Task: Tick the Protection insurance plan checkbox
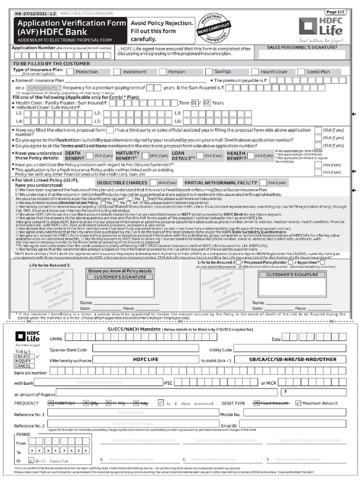(70, 72)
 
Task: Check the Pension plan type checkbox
(162, 72)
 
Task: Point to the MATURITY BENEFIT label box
(127, 156)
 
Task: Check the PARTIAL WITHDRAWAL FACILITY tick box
(276, 182)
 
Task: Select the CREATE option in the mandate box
(23, 357)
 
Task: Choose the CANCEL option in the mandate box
(23, 366)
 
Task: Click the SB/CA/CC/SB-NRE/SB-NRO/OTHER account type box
(292, 360)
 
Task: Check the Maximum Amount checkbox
(298, 403)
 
